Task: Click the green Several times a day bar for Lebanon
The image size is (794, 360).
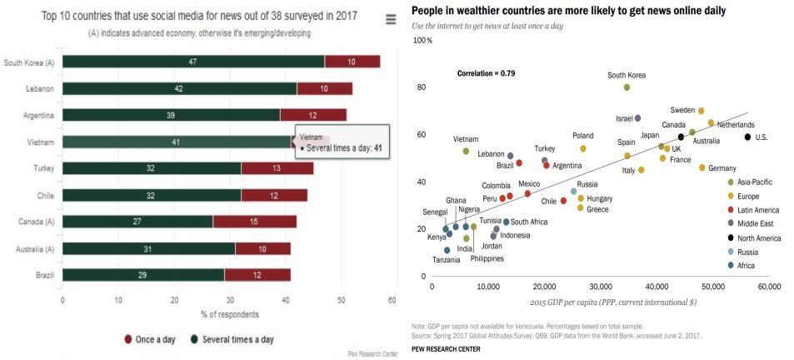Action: coord(179,88)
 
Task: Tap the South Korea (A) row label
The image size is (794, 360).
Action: coord(29,62)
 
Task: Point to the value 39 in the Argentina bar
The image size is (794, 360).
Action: coord(171,115)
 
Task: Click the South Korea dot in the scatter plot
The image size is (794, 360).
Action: coord(627,87)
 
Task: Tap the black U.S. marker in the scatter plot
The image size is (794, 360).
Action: coord(747,137)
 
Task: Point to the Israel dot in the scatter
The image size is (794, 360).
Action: coord(638,118)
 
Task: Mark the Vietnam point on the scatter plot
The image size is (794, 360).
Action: coord(466,151)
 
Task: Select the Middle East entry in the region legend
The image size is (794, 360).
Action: coord(756,222)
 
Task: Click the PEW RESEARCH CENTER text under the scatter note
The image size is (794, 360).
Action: coord(446,348)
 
